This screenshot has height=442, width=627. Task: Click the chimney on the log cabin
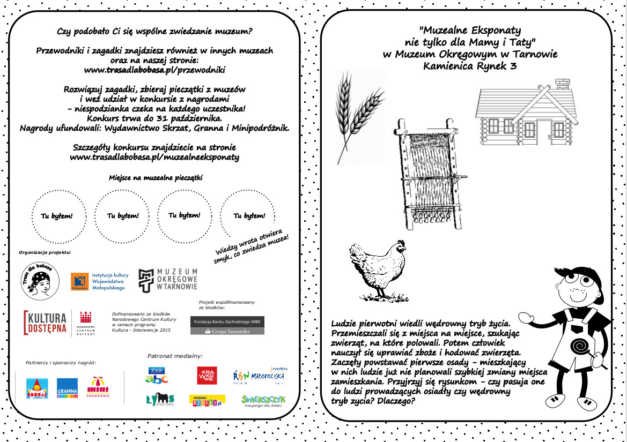563,85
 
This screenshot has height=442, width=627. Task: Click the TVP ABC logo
157,375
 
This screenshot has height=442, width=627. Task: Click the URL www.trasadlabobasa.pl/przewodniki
154,70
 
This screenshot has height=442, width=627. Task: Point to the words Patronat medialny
175,355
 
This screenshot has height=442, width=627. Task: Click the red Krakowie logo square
207,376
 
